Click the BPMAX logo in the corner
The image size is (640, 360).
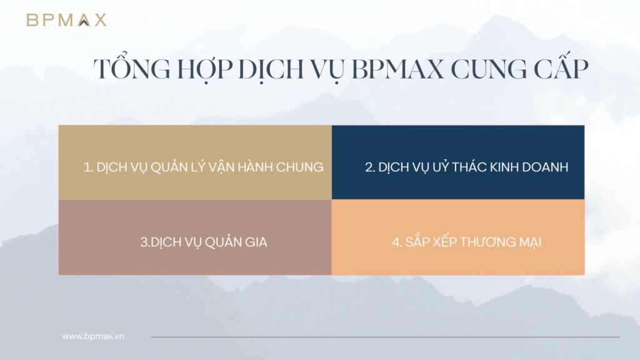click(x=66, y=20)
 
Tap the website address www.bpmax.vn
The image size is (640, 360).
click(x=93, y=336)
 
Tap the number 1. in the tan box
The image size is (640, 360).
click(x=89, y=167)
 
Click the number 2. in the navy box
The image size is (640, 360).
click(x=369, y=167)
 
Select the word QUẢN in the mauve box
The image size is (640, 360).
click(x=219, y=242)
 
